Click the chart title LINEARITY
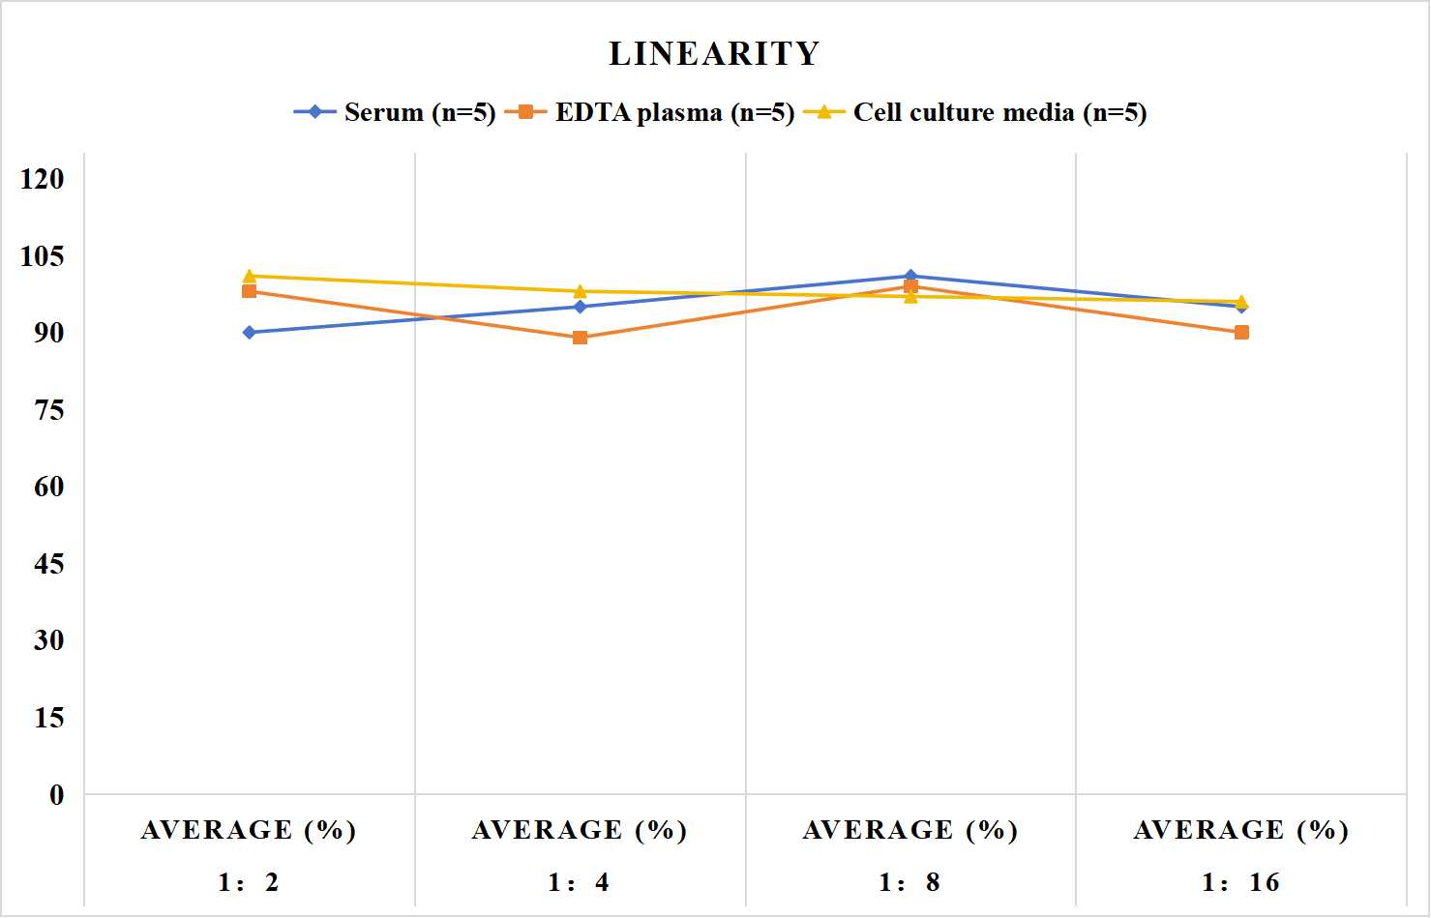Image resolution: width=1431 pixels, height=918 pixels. tap(714, 53)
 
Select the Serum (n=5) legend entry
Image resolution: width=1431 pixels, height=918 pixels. tap(395, 112)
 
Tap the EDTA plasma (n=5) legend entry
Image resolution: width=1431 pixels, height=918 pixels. tap(649, 112)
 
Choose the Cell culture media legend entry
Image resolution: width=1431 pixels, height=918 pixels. tap(975, 112)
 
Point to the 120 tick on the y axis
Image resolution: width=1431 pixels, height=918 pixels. tap(43, 179)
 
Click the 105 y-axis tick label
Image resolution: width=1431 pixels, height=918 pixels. tap(43, 256)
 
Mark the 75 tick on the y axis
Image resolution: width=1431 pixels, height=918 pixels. tap(49, 410)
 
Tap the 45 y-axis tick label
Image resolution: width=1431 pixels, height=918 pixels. tap(49, 564)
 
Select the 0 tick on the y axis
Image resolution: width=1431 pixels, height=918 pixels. tap(57, 795)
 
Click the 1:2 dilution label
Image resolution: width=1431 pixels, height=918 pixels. tap(249, 882)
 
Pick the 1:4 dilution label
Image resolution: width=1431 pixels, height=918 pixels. tap(579, 882)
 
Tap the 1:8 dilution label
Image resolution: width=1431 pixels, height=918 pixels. tap(909, 882)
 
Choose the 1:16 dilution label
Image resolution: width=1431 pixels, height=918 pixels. tap(1240, 882)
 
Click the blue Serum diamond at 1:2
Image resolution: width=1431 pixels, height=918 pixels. tap(250, 332)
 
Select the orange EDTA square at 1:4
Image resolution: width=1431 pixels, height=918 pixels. tap(581, 338)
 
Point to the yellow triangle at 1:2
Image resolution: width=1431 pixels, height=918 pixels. tap(250, 276)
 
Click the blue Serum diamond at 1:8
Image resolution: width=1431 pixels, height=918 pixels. tap(910, 276)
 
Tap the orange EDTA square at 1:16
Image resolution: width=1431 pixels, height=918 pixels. tap(1241, 332)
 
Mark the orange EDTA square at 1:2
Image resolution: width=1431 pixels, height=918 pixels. tap(250, 291)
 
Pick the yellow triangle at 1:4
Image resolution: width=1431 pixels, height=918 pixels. tap(581, 291)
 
